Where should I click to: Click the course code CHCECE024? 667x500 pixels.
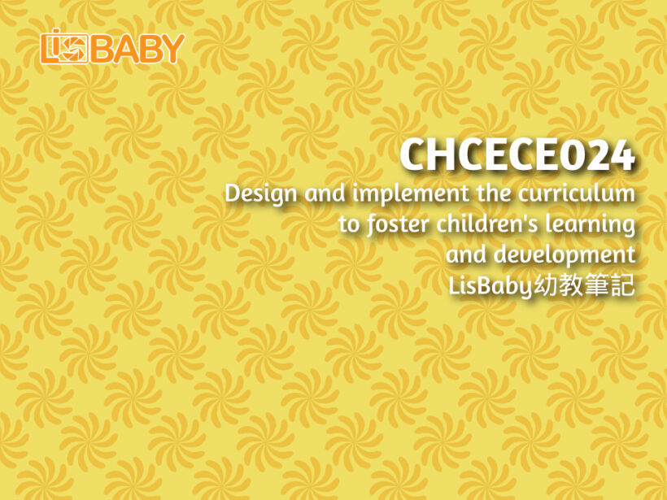(517, 154)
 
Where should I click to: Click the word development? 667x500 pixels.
(565, 254)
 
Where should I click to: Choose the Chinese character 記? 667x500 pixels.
(622, 285)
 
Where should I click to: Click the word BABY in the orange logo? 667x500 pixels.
(137, 49)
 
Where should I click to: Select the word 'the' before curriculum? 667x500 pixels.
(493, 193)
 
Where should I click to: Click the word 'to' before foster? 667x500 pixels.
(349, 224)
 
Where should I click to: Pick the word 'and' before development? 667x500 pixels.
(466, 254)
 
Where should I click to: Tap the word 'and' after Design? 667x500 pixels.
(324, 193)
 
